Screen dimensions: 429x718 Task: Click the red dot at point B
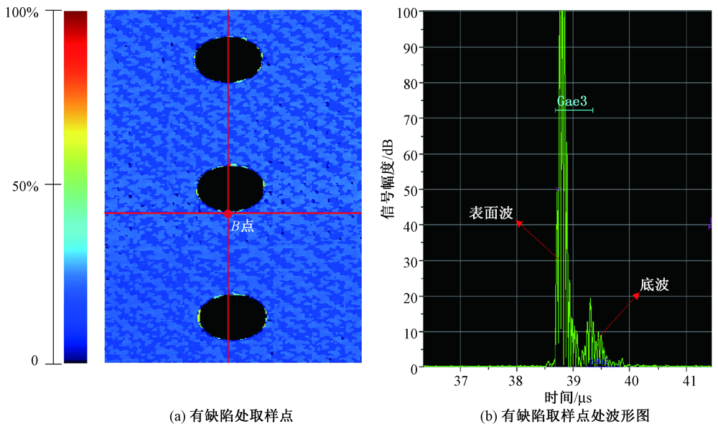(228, 214)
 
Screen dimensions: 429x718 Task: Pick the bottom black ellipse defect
(233, 316)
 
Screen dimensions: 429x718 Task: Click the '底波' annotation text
(654, 286)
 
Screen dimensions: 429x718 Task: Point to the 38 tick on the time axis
(516, 379)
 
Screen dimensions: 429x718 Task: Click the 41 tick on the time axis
(687, 379)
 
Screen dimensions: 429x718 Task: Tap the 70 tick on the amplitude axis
(409, 118)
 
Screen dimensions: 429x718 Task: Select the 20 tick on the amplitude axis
(409, 296)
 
